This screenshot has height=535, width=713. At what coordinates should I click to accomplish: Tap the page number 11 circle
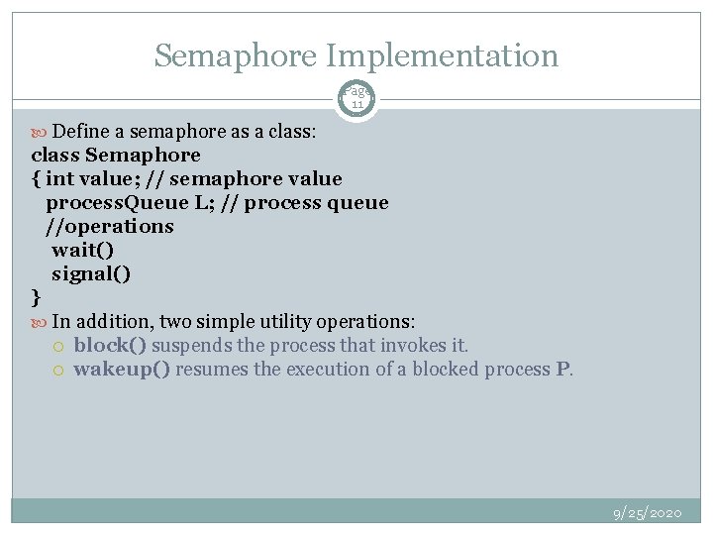pyautogui.click(x=356, y=98)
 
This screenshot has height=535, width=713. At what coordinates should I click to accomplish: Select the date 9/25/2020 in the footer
pyautogui.click(x=648, y=512)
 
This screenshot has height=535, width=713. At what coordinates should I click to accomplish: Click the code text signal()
pyautogui.click(x=91, y=273)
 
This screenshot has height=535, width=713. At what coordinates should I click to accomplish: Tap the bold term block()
pyautogui.click(x=110, y=345)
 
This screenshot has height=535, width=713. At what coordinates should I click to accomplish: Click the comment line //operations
pyautogui.click(x=109, y=226)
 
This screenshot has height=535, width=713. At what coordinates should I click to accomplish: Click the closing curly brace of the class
pyautogui.click(x=37, y=296)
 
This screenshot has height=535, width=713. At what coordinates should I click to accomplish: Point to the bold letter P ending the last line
pyautogui.click(x=563, y=369)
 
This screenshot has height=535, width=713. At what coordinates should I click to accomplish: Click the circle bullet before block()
pyautogui.click(x=58, y=346)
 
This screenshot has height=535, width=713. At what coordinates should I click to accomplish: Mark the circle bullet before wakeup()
pyautogui.click(x=58, y=370)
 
